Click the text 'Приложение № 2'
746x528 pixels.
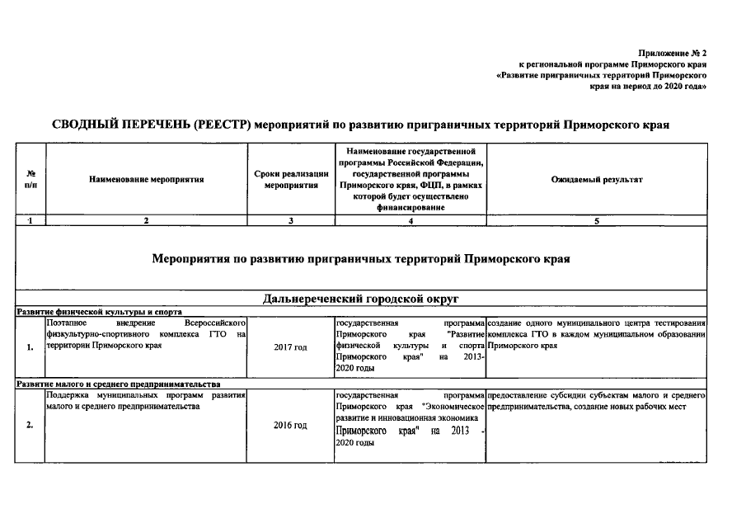coord(673,53)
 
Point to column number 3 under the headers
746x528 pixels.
coord(291,220)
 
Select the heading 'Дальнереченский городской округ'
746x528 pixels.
coord(360,299)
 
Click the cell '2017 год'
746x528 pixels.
coord(291,347)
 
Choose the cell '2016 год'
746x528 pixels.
coord(291,425)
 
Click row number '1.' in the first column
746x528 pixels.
coord(30,347)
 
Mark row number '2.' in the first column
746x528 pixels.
coord(30,425)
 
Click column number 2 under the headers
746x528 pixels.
coord(146,220)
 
